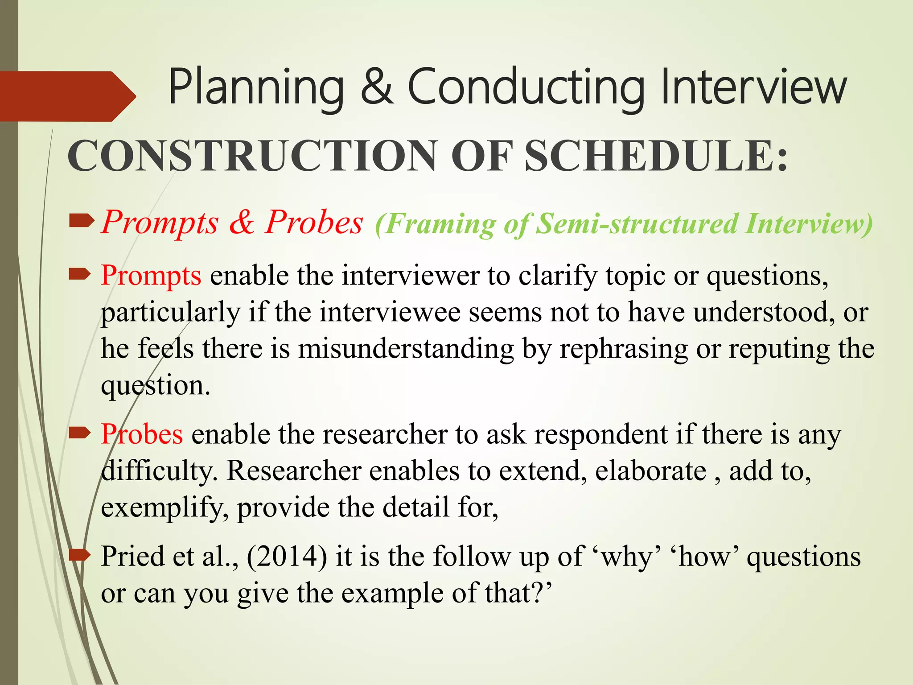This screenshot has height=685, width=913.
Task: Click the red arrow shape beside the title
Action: click(67, 96)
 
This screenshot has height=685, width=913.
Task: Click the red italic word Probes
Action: click(314, 222)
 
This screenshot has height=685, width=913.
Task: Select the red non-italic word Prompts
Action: click(151, 276)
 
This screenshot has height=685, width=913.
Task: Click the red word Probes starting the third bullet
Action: click(142, 434)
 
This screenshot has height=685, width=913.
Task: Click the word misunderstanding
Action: click(406, 349)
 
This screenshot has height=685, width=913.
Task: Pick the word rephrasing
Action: click(624, 349)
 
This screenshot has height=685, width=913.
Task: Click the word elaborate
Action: click(650, 471)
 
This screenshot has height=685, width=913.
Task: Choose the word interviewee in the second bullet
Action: click(390, 312)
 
